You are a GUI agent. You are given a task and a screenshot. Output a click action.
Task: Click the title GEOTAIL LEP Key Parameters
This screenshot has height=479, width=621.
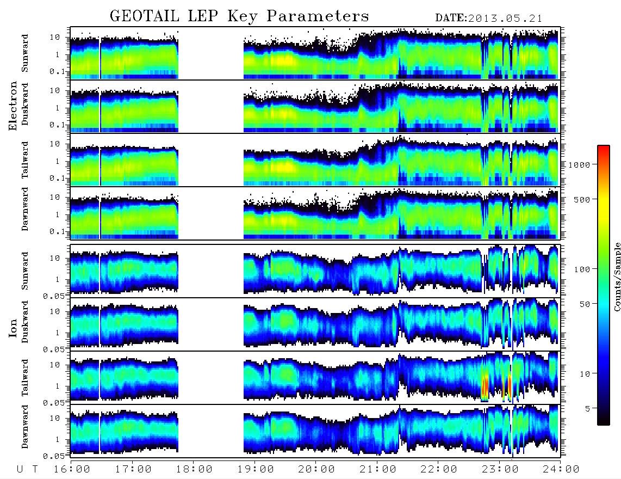[239, 16]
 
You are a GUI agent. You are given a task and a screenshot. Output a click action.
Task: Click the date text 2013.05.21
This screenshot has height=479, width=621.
[505, 19]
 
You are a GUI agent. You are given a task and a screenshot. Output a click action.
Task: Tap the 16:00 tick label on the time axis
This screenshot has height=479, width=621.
[72, 469]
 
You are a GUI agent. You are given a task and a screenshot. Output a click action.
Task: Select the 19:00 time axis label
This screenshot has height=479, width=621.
[256, 469]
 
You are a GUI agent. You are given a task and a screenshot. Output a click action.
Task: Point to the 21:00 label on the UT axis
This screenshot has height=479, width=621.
[378, 469]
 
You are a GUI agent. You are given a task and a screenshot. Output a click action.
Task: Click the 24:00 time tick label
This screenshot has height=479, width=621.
[561, 469]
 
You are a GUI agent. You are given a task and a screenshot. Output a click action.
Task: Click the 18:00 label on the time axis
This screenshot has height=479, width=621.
[194, 469]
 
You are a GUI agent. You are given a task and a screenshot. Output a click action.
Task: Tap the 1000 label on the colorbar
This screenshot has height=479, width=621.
[579, 164]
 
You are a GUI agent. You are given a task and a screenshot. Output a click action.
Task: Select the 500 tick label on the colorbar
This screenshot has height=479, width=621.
[582, 199]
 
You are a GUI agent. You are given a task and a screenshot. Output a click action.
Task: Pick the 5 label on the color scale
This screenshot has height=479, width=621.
[587, 408]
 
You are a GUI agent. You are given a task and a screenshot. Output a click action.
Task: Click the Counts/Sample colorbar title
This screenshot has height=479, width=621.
[617, 277]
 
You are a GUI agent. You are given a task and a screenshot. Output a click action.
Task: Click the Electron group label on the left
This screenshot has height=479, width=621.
[13, 106]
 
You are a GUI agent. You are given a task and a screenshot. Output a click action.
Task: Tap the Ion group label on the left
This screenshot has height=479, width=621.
[13, 328]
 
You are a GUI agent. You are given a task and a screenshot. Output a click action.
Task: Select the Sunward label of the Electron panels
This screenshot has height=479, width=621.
[25, 53]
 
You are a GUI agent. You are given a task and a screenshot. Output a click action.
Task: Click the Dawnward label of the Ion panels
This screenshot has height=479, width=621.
[25, 427]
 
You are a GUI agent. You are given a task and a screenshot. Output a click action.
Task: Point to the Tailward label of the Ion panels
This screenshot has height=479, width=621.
[25, 378]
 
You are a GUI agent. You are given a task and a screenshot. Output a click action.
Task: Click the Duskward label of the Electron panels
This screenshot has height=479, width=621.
[25, 104]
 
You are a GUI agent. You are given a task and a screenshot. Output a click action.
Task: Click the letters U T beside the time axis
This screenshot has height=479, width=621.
[27, 469]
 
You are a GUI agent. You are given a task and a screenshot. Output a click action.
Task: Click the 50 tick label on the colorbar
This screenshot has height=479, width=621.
[585, 304]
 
